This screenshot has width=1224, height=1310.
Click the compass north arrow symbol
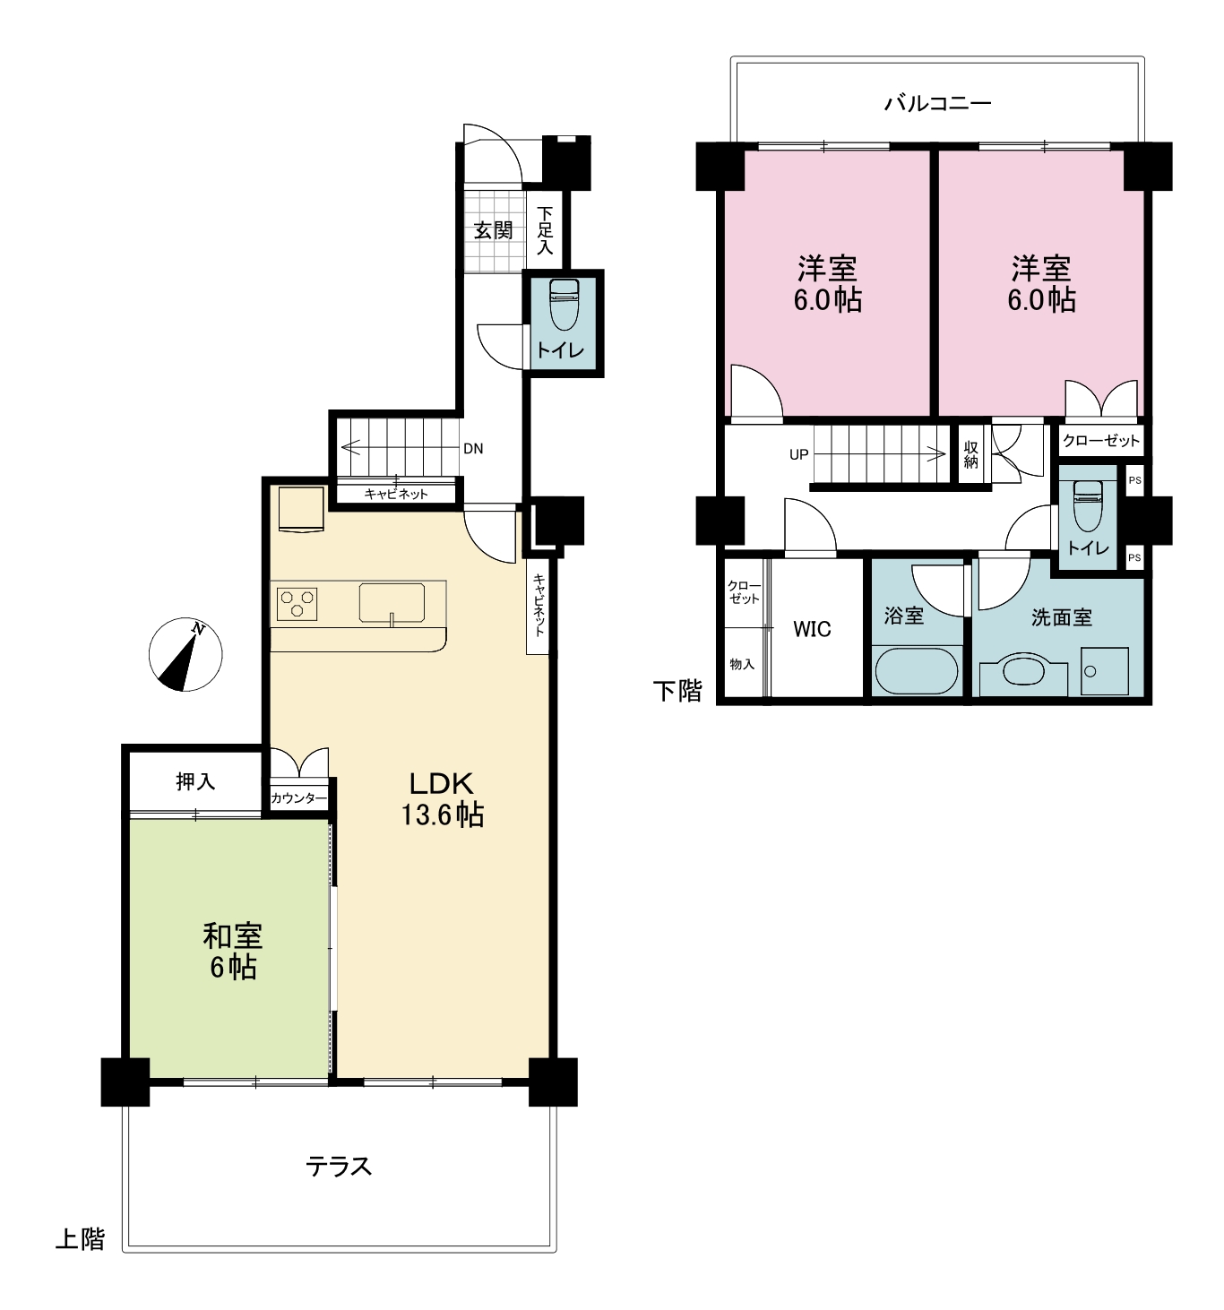[185, 655]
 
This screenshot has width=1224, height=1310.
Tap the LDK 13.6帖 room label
[442, 798]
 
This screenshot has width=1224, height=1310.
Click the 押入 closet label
[195, 781]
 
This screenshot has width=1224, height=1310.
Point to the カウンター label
[299, 798]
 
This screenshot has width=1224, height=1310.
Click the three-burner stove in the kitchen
[297, 604]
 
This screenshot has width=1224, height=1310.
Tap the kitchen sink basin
[392, 602]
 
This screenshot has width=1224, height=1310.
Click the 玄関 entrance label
[494, 230]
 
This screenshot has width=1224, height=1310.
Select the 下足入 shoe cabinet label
[545, 230]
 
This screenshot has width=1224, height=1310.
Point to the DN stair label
[473, 449]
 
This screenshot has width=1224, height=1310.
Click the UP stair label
[799, 454]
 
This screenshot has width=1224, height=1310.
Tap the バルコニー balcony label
[937, 103]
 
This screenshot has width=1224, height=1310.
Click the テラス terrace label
[339, 1167]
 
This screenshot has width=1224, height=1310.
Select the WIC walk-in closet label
[812, 629]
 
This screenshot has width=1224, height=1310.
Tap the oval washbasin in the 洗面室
[1022, 671]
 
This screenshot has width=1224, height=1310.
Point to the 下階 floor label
[677, 691]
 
